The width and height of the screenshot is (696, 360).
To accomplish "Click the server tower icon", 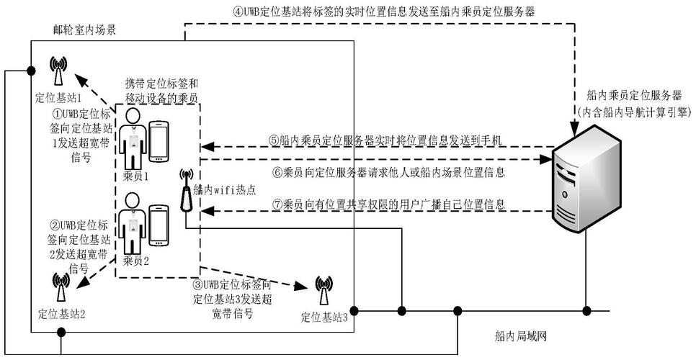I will pyautogui.click(x=588, y=181).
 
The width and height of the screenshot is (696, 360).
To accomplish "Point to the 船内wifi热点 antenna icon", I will pyautogui.click(x=186, y=189).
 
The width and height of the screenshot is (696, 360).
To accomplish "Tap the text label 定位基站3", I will pyautogui.click(x=324, y=317).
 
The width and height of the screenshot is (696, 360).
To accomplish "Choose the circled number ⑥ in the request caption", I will pyautogui.click(x=275, y=172).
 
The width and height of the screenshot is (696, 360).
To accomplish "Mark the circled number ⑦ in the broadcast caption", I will pyautogui.click(x=275, y=204).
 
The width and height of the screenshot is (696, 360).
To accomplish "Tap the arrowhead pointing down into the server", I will pyautogui.click(x=574, y=131).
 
